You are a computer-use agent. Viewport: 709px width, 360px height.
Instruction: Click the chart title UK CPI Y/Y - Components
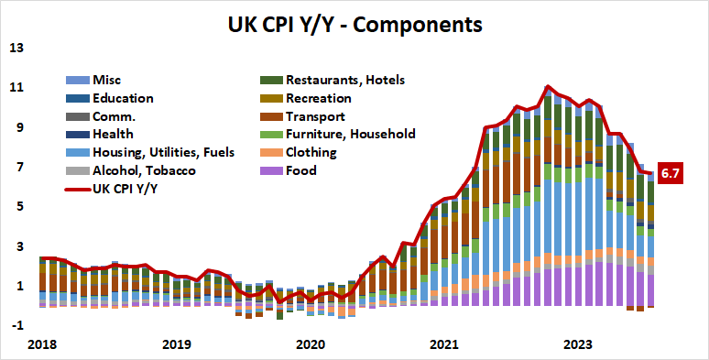[x=354, y=23]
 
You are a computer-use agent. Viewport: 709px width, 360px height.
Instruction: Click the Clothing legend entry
[x=311, y=152]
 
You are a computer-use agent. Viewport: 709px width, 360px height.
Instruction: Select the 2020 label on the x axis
[x=311, y=345]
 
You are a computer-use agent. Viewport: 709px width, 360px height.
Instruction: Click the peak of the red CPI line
[x=547, y=86]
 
